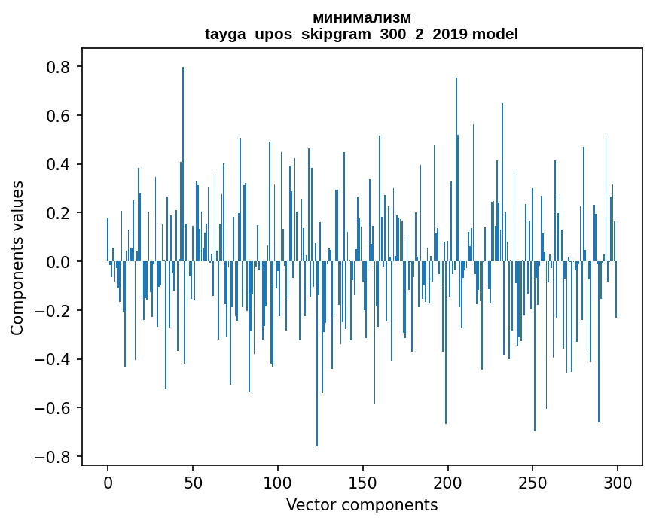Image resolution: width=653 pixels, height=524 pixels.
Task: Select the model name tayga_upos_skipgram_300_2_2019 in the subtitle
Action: (x=337, y=35)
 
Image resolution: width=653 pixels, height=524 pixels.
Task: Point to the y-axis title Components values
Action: (x=17, y=257)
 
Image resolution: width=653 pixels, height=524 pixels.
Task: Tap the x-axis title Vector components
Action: (x=362, y=504)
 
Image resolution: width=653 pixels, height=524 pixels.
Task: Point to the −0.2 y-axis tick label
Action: (x=54, y=310)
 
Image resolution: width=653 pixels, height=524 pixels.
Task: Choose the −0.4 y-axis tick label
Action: (x=54, y=359)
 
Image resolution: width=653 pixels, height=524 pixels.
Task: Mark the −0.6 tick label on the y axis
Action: (x=54, y=408)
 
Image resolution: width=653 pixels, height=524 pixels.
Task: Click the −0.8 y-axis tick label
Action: (x=54, y=457)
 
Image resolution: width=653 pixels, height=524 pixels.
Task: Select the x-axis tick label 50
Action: (x=193, y=482)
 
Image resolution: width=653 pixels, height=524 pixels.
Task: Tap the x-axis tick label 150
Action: (x=363, y=482)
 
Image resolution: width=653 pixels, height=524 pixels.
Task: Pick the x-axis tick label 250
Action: (x=533, y=482)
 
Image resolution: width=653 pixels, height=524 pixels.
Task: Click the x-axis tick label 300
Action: (x=618, y=482)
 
